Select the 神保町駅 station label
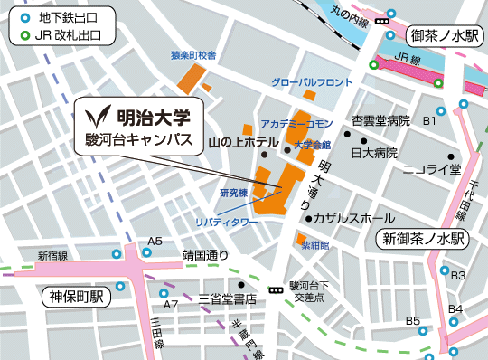coord(74,297)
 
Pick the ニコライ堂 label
coord(431,168)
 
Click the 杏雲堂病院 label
coord(380,120)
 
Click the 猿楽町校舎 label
coord(194,54)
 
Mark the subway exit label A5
coord(155,241)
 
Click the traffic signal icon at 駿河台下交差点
coord(274,282)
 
